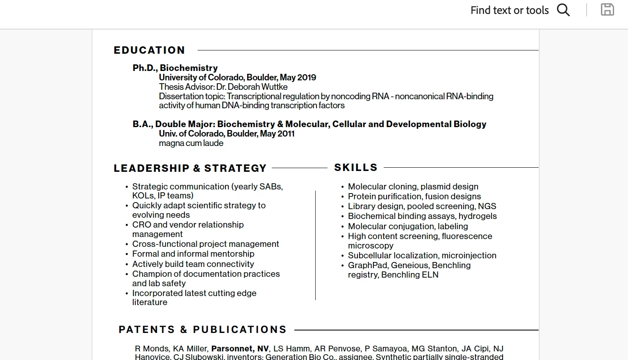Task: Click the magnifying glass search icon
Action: [563, 10]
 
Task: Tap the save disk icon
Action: [607, 9]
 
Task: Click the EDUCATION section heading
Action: [149, 50]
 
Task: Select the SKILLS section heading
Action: [356, 167]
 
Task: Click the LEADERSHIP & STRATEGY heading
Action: [190, 168]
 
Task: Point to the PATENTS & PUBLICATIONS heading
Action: [203, 330]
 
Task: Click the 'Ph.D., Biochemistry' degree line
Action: [175, 68]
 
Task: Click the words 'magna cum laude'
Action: [191, 143]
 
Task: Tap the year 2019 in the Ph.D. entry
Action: [307, 77]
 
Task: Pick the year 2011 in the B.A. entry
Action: [286, 134]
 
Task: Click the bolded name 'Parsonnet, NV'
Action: [240, 349]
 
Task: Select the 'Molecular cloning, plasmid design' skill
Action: [413, 187]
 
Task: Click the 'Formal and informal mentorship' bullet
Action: [193, 254]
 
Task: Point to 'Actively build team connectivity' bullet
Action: [193, 264]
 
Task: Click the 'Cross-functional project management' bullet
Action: [205, 244]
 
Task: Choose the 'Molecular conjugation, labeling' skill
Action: [408, 226]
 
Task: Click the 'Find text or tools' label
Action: [509, 10]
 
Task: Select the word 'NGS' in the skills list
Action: [487, 206]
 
